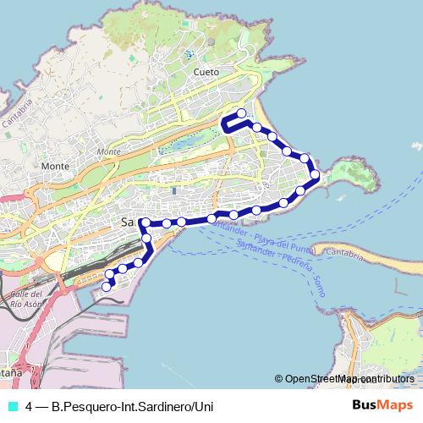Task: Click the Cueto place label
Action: tap(206, 73)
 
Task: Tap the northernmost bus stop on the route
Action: tap(241, 113)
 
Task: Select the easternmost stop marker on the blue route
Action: tap(315, 175)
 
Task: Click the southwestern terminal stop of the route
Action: tap(107, 287)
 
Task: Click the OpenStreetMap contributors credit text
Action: tap(349, 378)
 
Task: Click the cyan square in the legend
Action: tap(12, 407)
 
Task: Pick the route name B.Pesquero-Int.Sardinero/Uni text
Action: tap(132, 407)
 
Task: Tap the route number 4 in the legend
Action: tap(30, 407)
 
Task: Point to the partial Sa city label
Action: tap(129, 222)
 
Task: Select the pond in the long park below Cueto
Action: tap(178, 141)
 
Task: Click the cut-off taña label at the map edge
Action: tap(10, 371)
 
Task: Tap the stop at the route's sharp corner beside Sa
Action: tap(146, 222)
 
